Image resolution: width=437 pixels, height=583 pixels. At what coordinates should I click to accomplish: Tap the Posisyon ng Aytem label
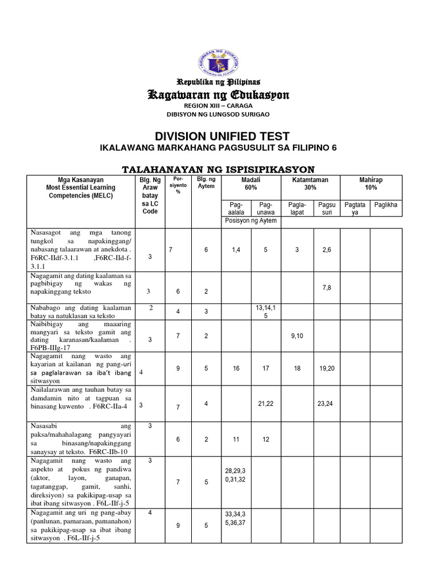[251, 220]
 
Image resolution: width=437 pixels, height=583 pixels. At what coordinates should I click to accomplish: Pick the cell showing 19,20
[327, 368]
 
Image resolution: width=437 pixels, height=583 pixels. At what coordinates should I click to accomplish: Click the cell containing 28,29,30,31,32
[236, 475]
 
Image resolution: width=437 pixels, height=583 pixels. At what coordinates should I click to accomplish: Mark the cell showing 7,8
[327, 288]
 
